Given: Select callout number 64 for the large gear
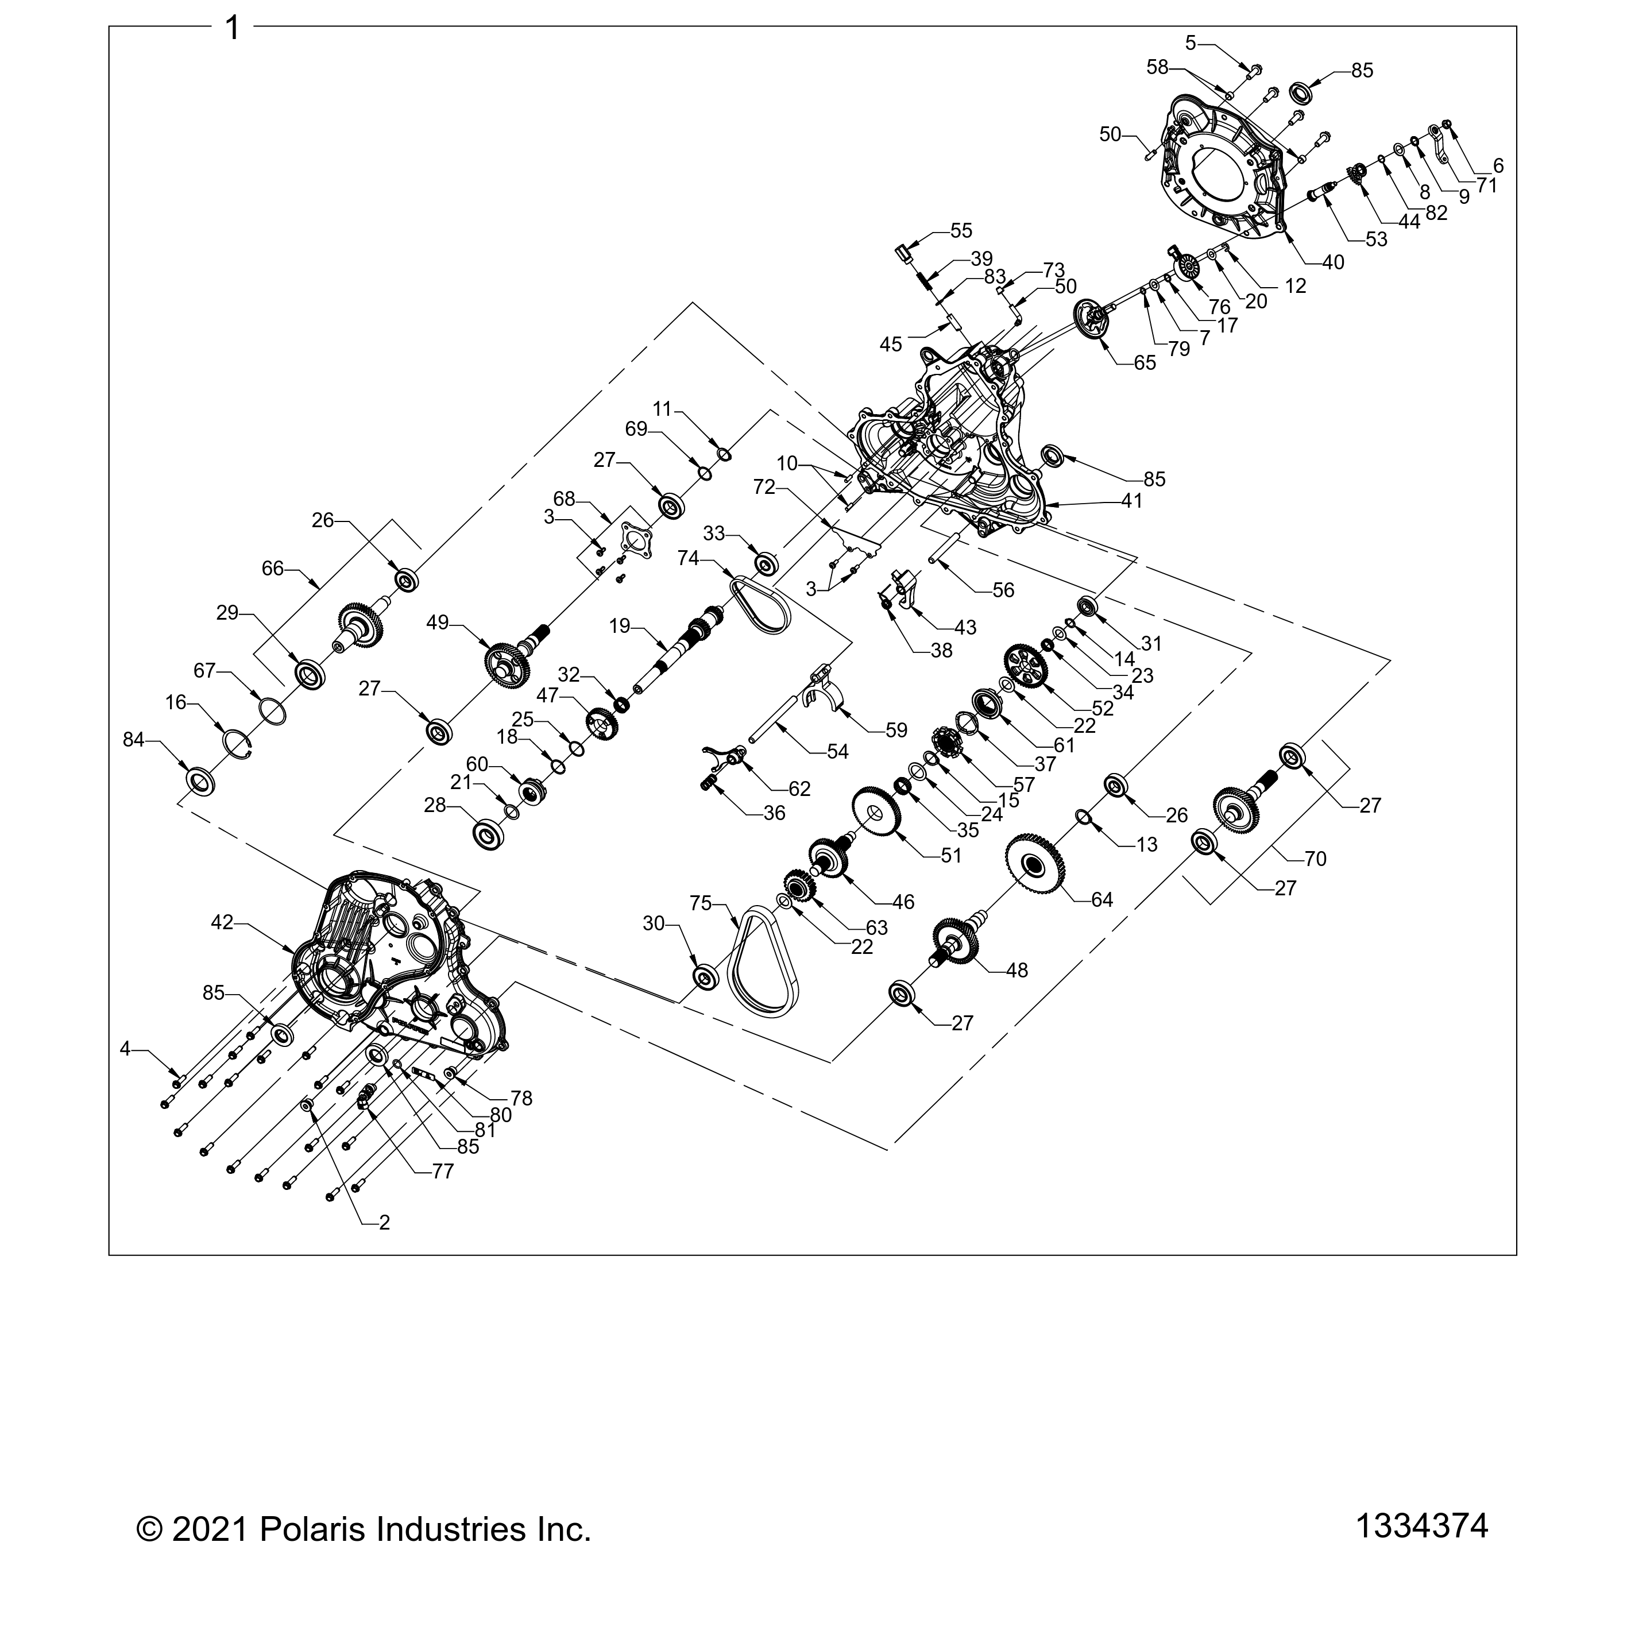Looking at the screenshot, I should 1101,900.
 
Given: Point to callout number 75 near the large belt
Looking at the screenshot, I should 701,903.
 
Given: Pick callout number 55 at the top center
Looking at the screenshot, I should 961,230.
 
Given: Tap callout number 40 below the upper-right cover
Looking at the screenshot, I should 1333,262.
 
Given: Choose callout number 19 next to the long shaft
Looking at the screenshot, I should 620,625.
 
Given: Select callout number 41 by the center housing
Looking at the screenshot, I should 1131,501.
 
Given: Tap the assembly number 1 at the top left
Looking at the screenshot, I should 232,29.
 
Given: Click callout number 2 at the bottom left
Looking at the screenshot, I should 384,1223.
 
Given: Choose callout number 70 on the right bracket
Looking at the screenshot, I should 1315,859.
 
